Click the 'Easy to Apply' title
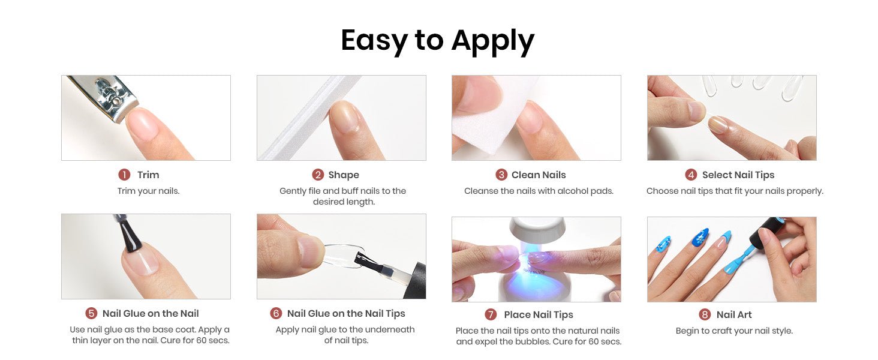[437, 41]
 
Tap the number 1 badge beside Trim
[124, 175]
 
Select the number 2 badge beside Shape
[318, 175]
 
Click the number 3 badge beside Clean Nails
[501, 175]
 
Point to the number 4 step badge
[691, 175]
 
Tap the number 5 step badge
[91, 313]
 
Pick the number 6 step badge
[276, 313]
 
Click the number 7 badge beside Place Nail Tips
[491, 314]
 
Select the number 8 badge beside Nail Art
[705, 314]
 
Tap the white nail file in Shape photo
[309, 118]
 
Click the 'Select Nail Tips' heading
[738, 175]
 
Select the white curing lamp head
[537, 230]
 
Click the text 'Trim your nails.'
[148, 191]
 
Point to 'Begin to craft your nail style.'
[734, 331]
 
